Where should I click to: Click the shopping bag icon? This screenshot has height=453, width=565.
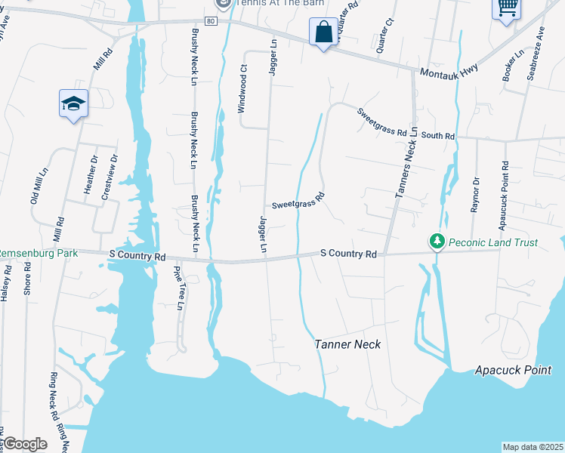pos(323,32)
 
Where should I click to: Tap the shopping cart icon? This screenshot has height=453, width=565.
pos(507,8)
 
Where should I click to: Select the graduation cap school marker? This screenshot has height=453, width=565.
pos(73,103)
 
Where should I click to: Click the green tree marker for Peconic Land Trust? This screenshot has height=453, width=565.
pos(437,242)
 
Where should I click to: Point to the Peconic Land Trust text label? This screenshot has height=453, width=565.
pos(493,242)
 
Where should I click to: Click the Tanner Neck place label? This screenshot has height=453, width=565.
pos(347,344)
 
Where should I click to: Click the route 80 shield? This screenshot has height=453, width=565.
pos(211,21)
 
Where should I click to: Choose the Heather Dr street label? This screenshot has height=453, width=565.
pos(91,174)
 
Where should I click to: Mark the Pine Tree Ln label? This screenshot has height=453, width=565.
pos(179,288)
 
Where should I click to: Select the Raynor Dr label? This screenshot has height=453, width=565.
pos(475,195)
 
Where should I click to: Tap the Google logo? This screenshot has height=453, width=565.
pos(24,444)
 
